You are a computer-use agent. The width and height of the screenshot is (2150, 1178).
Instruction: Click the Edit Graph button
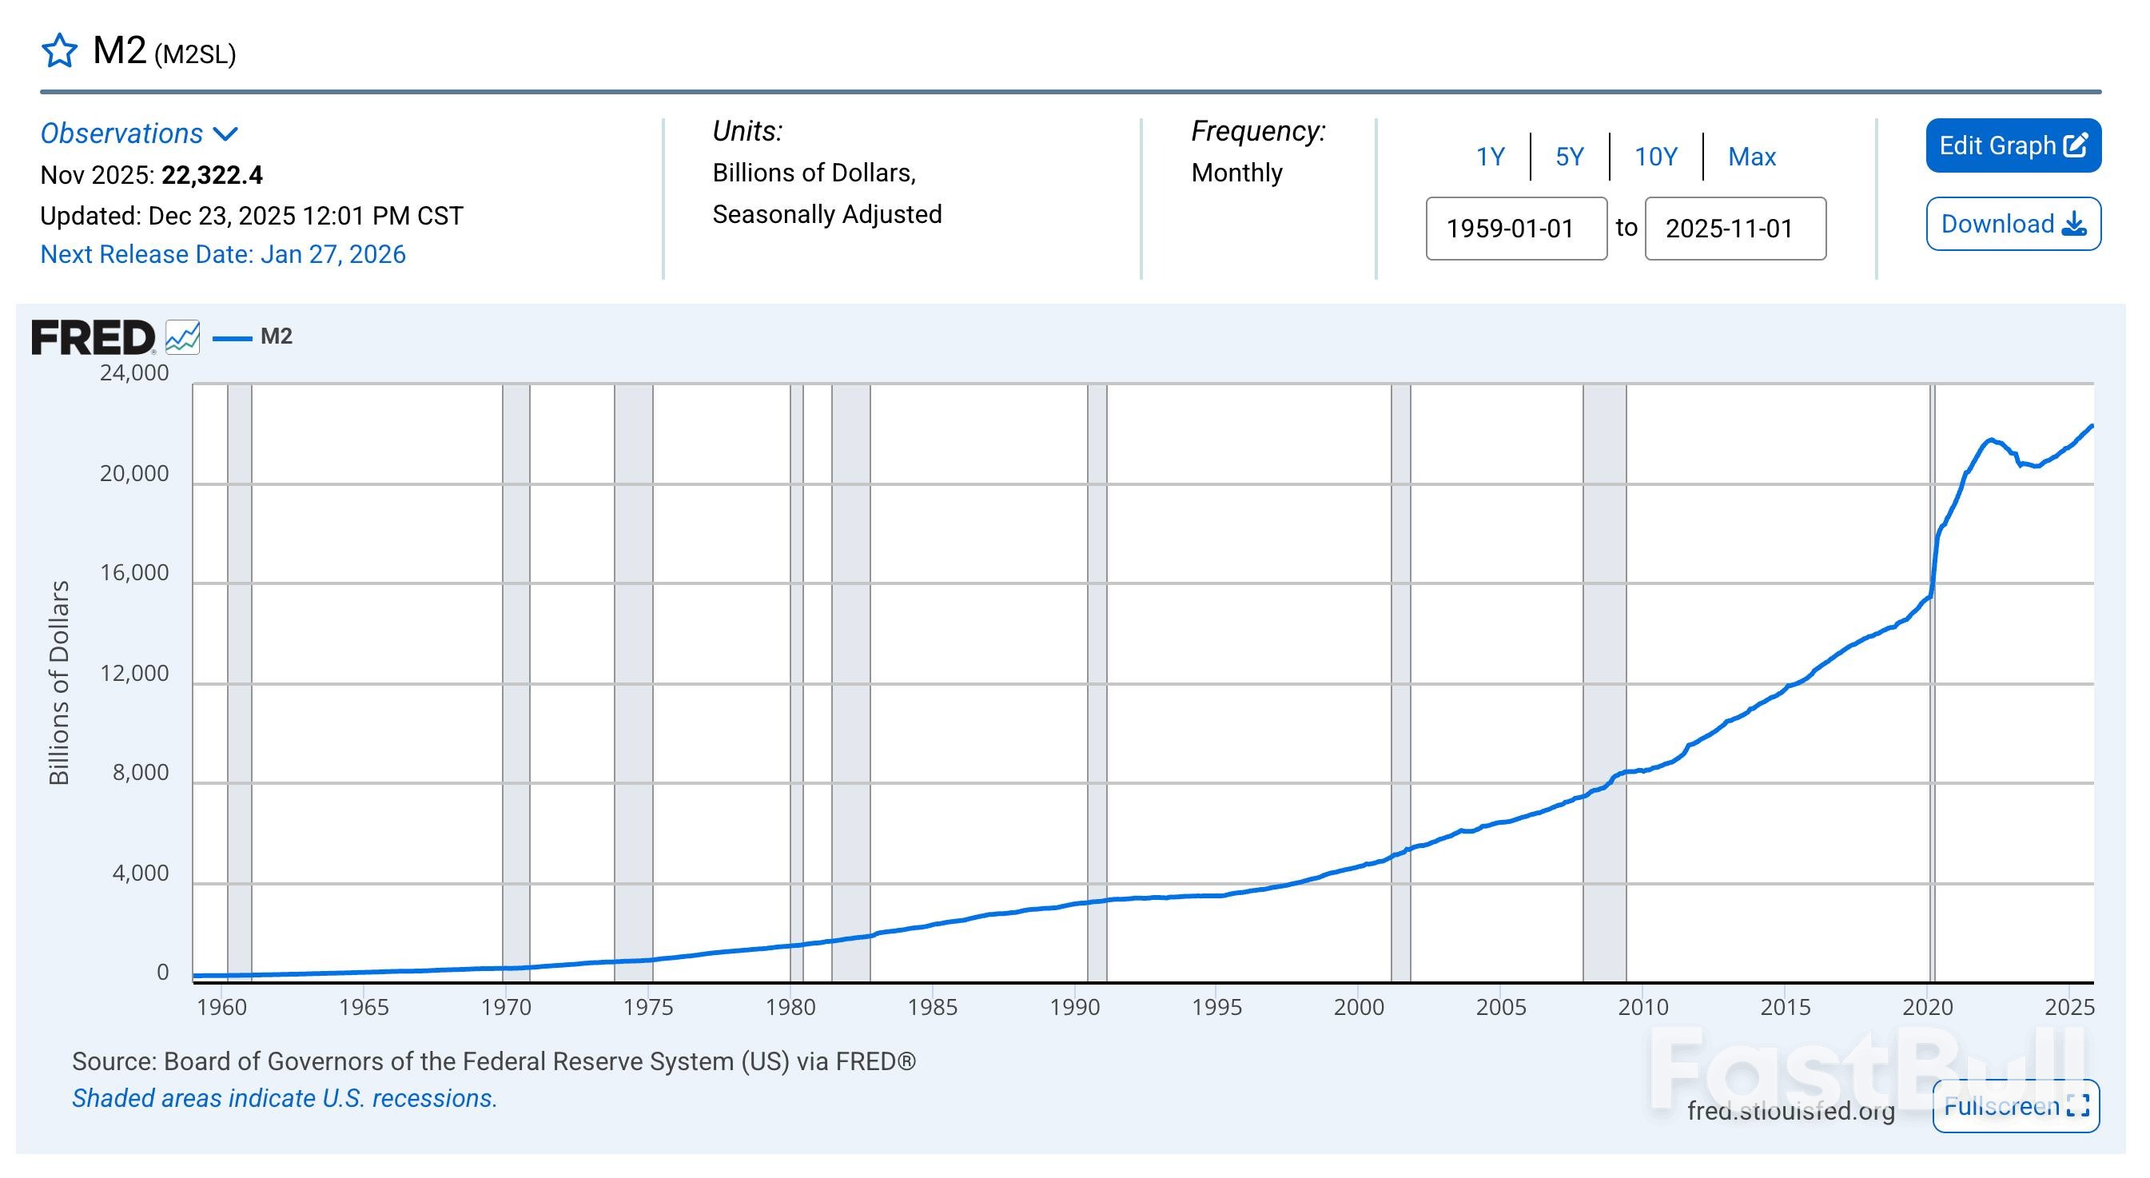[x=2013, y=146]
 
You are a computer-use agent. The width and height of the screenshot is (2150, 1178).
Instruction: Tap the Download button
[x=2013, y=224]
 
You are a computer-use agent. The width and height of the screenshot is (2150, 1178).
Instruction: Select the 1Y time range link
[x=1490, y=157]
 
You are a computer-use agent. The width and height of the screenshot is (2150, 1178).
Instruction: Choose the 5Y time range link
[x=1569, y=157]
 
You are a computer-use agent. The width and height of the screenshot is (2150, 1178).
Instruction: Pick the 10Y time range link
[x=1655, y=157]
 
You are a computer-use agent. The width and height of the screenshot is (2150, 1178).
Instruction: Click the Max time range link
[x=1751, y=157]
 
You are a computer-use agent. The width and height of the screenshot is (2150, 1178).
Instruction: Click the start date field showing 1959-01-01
[x=1515, y=229]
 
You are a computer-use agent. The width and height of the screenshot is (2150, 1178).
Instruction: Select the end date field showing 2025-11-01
[x=1734, y=229]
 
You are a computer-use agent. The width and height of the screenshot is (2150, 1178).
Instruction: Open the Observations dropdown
[x=139, y=133]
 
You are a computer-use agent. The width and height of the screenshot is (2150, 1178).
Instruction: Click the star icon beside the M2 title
[x=59, y=51]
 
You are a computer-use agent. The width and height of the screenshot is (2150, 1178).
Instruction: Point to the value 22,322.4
[x=212, y=175]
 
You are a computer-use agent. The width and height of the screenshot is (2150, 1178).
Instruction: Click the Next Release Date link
[x=223, y=254]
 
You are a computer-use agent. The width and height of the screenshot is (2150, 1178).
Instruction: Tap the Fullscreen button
[x=2015, y=1106]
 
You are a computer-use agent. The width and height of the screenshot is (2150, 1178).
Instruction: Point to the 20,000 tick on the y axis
[x=134, y=474]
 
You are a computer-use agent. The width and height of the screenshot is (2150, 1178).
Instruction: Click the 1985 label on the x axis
[x=932, y=1007]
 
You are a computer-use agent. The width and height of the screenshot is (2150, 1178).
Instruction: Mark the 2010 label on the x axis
[x=1642, y=1007]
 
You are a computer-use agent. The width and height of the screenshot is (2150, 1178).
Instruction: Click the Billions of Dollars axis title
[x=58, y=683]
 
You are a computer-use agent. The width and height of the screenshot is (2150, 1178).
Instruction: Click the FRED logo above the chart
[x=94, y=337]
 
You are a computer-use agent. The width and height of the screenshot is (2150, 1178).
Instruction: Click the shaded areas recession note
[x=285, y=1098]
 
